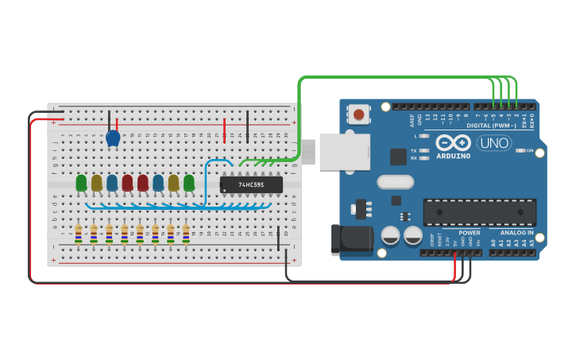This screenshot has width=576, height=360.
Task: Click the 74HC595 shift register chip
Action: point(251,184)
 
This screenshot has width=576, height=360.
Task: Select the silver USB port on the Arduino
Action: point(344,152)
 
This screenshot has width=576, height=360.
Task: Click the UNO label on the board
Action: point(494,143)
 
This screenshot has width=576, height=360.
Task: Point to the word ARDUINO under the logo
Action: point(452,156)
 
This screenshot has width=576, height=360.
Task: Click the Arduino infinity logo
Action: point(452,143)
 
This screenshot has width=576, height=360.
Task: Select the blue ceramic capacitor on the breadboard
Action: point(113,138)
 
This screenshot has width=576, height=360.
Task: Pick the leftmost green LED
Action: point(81,183)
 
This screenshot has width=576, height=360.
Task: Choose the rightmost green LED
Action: point(189,183)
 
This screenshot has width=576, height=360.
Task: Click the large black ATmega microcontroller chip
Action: point(479,212)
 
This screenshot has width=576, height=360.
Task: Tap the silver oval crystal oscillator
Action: point(395,182)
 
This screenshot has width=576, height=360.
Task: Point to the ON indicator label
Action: point(530,150)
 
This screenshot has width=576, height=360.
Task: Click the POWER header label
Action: point(469,233)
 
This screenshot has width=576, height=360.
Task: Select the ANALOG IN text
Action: point(516,233)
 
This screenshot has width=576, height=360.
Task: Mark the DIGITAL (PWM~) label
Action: point(491,126)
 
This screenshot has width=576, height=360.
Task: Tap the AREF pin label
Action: point(412,119)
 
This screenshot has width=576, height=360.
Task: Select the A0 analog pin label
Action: point(493,242)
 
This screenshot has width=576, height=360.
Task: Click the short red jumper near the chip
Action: point(225,130)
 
